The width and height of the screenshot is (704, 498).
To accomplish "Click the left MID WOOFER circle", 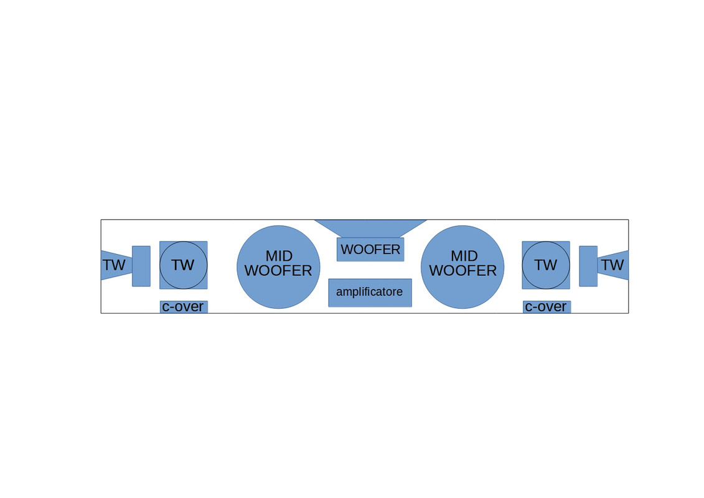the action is [278, 266].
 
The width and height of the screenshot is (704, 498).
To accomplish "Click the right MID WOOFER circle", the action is [462, 266].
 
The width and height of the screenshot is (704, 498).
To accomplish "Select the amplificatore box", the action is [370, 293].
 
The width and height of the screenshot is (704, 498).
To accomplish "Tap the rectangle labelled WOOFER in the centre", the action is [370, 249].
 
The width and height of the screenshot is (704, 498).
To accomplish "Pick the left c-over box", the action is [184, 307].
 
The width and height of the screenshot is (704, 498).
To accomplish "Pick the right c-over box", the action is [547, 307].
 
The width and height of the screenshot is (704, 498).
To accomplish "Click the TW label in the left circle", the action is [183, 265].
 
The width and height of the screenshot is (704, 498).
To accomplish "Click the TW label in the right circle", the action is [545, 265].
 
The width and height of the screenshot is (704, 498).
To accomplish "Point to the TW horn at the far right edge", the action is [613, 265].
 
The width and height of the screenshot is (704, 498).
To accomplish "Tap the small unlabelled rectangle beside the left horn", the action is [141, 266].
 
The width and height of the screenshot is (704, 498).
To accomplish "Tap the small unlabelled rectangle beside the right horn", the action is [588, 266].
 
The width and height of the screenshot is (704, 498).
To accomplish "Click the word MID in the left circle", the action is [279, 255].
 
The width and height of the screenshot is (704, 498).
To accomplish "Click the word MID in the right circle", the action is [464, 255].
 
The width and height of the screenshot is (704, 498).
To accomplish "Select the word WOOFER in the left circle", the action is [278, 270].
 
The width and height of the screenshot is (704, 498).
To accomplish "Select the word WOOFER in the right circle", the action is [463, 270].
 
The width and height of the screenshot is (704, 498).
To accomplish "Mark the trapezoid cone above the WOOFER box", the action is [370, 228].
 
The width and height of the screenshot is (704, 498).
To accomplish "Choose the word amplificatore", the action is [370, 292].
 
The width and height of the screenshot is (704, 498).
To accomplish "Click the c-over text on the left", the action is [183, 306].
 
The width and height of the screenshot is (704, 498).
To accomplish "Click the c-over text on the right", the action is [545, 306].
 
